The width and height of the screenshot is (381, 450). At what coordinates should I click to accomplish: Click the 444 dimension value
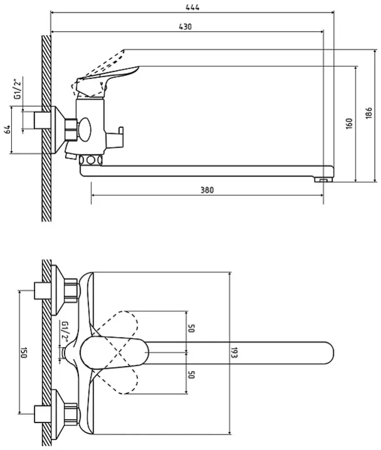click(192, 8)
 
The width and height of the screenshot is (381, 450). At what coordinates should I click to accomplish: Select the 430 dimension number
click(185, 27)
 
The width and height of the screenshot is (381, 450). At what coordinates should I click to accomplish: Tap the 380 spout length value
click(207, 190)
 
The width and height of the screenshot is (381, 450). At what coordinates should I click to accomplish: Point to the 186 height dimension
click(369, 113)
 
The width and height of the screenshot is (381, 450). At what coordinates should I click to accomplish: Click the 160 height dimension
click(349, 124)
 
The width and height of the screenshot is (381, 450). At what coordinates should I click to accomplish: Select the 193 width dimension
click(235, 353)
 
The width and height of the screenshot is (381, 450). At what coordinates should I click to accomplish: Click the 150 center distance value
click(24, 353)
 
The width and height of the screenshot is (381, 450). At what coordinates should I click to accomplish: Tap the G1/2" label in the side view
click(18, 89)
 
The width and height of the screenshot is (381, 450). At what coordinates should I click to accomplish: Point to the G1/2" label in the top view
click(65, 332)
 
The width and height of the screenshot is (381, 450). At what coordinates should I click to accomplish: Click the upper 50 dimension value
click(191, 328)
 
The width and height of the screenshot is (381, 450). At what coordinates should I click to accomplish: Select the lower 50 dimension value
click(191, 375)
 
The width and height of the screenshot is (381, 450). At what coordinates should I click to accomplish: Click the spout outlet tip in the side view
click(324, 180)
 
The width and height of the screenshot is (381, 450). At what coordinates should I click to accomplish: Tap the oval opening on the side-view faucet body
click(85, 129)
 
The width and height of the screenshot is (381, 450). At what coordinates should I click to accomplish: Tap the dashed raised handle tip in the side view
click(124, 51)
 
